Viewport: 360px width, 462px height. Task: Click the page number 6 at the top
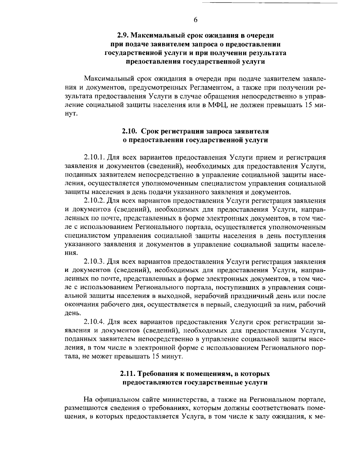[x=195, y=20]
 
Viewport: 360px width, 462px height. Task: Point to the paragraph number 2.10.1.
[x=94, y=157]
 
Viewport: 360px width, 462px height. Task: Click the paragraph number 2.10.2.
[x=94, y=200]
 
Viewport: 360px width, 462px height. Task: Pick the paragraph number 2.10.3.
[x=94, y=261]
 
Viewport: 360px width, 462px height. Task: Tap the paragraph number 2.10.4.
[x=94, y=322]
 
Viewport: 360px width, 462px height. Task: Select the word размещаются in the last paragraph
[x=85, y=409]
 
